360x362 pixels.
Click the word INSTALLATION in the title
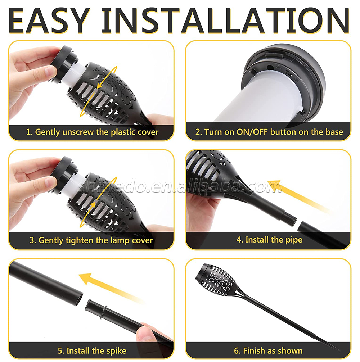tap(226, 20)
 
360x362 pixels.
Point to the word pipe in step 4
tap(294, 240)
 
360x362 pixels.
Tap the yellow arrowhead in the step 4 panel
tap(275, 186)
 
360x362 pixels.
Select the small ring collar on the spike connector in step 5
tap(104, 312)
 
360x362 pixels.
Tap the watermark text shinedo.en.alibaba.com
tap(179, 186)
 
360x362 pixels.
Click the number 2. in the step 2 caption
tap(199, 132)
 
